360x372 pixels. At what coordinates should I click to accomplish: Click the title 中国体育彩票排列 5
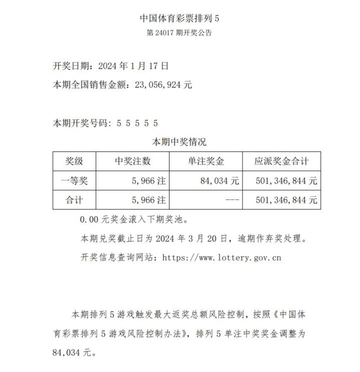pos(179,18)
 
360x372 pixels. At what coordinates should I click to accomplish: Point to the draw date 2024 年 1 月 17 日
pos(133,65)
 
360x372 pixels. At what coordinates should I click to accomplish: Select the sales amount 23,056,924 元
pos(163,84)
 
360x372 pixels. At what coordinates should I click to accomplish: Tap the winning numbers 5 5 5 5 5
pos(137,122)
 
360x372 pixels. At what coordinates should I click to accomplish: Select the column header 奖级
pos(74,161)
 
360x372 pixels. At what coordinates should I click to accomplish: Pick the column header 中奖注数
pos(132,161)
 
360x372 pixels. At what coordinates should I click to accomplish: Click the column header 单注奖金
pos(206,161)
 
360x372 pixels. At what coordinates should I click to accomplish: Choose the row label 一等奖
pos(74,181)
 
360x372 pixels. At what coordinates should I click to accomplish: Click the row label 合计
pos(74,200)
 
